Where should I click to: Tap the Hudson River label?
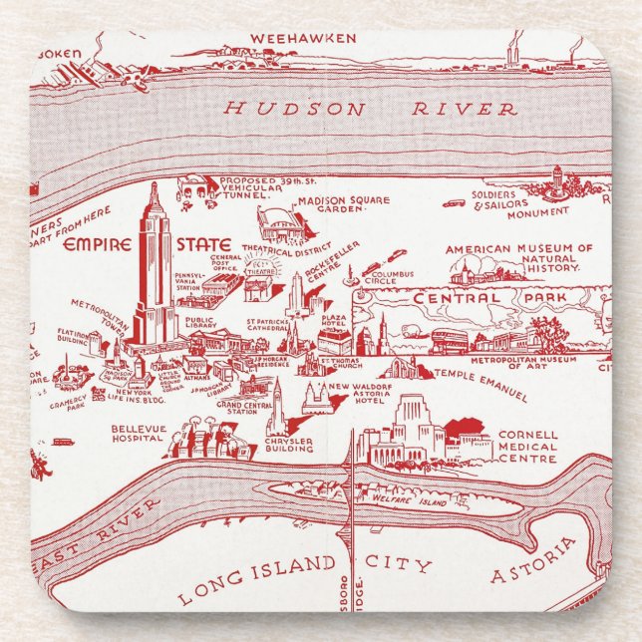(370, 109)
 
